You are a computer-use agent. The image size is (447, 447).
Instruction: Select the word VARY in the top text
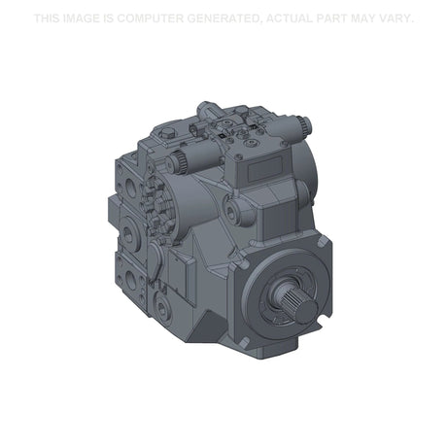394,18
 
